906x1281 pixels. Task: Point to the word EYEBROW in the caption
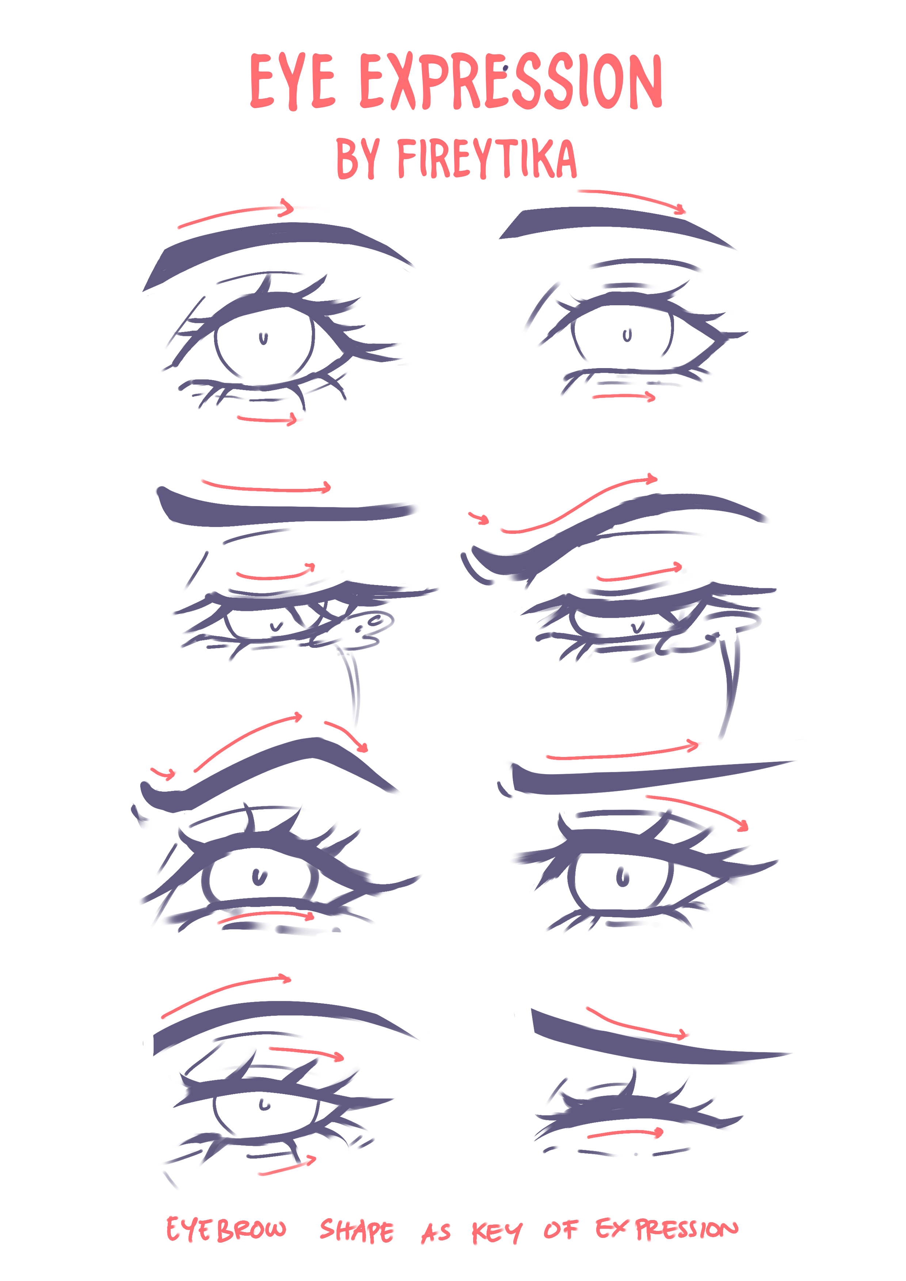226,1229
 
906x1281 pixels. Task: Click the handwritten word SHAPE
357,1230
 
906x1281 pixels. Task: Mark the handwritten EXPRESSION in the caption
666,1229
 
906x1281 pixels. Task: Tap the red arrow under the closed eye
625,1133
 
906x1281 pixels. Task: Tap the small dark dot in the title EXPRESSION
505,68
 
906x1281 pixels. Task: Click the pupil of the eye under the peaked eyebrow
258,877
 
